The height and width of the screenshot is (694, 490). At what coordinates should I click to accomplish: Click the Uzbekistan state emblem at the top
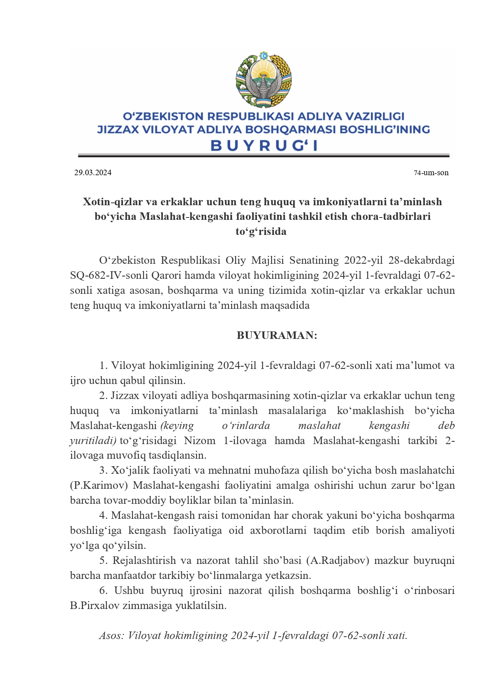[x=264, y=79]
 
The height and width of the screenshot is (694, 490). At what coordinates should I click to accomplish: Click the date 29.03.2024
[x=93, y=172]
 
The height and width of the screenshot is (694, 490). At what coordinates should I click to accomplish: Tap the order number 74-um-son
[x=431, y=172]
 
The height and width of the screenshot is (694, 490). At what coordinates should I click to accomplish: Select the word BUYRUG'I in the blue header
[x=264, y=146]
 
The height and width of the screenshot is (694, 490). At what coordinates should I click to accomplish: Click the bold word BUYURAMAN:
[x=277, y=335]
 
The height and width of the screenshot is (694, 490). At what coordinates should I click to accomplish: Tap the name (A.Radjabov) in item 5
[x=337, y=560]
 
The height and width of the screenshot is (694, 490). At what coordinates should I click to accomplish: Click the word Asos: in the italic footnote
[x=112, y=635]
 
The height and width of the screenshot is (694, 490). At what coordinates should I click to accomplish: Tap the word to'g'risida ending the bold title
[x=261, y=231]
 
